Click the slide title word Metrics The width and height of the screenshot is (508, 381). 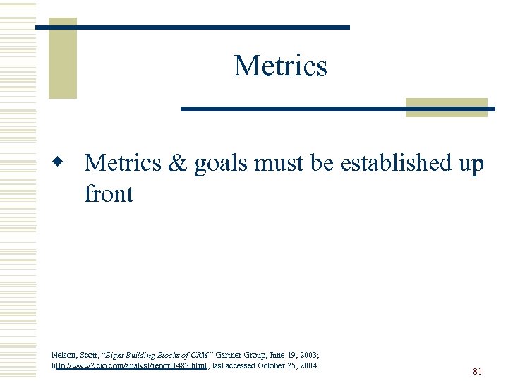coord(280,66)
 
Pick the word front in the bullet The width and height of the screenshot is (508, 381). coord(108,193)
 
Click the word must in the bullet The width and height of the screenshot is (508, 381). coord(279,164)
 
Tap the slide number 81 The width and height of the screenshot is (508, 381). coord(478,372)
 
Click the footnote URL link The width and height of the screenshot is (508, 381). coord(130,366)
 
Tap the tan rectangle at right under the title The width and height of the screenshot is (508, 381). coord(446,107)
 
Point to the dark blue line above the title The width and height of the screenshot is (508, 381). coord(193,27)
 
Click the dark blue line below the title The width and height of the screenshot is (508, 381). coord(337,109)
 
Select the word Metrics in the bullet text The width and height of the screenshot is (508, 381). coord(123,164)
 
